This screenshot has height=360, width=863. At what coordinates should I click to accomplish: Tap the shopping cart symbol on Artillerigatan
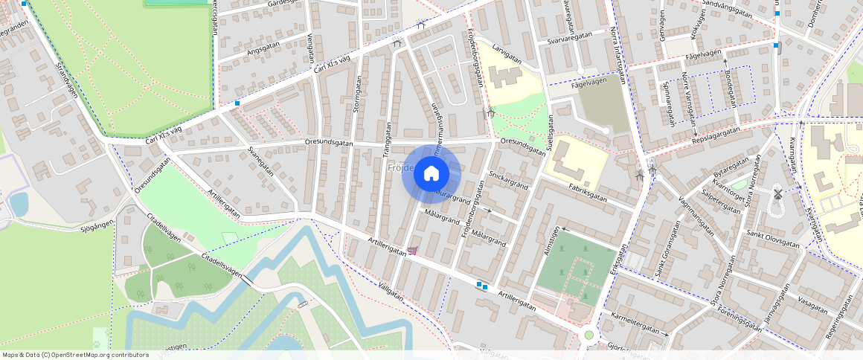(411, 251)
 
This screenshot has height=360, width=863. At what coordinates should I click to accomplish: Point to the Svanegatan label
(260, 161)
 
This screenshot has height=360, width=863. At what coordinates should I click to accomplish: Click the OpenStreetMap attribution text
(76, 355)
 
